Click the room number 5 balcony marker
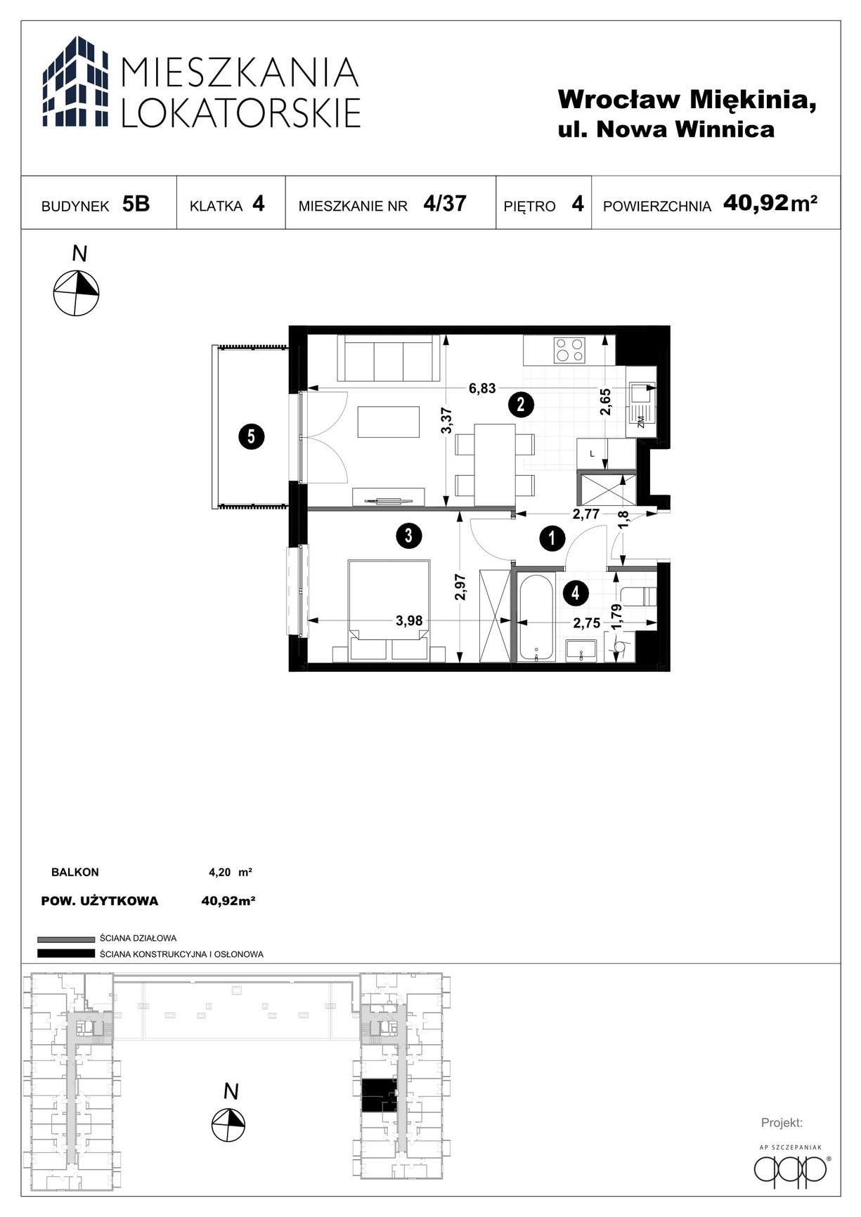[x=251, y=437]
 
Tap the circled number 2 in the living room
[x=521, y=405]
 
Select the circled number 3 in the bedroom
[x=408, y=536]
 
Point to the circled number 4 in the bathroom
[x=576, y=593]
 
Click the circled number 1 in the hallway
[x=552, y=539]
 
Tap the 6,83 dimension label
[x=483, y=389]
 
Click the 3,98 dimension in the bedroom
[x=409, y=621]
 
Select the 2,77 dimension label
[x=585, y=514]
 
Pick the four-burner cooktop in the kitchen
[x=569, y=350]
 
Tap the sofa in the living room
[x=389, y=358]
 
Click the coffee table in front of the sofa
[x=388, y=422]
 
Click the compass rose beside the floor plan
[x=77, y=292]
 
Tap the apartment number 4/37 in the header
[x=445, y=204]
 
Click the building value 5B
[x=136, y=204]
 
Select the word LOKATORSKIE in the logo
[x=241, y=112]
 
